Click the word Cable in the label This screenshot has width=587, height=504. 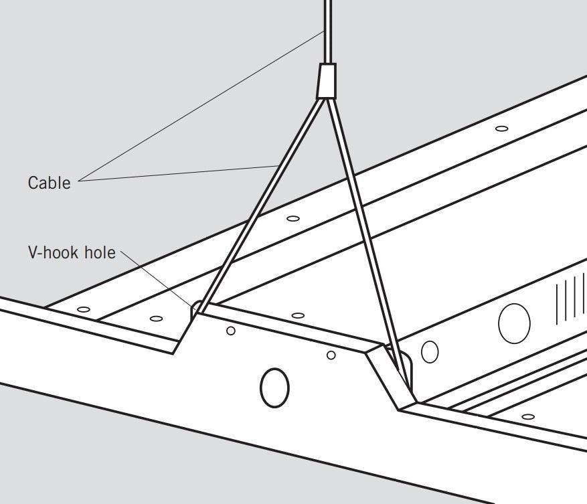(49, 183)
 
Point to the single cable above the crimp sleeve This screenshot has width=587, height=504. (327, 30)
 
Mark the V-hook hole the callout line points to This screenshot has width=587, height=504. (196, 310)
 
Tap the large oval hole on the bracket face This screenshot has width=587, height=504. (274, 387)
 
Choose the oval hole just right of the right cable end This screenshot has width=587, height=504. (430, 351)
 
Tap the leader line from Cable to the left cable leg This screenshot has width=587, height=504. (181, 173)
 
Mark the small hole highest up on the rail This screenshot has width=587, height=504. (501, 128)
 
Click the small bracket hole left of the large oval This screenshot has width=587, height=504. (231, 331)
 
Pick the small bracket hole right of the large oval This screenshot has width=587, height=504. (331, 355)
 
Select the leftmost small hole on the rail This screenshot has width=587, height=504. (84, 309)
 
